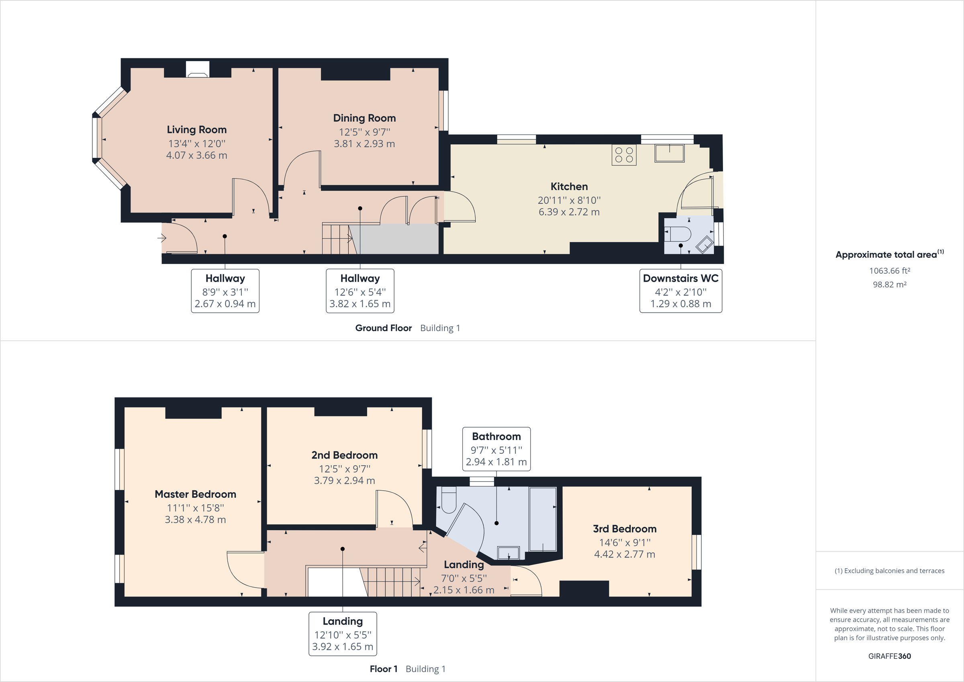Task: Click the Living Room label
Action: (196, 129)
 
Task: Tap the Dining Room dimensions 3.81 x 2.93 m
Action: (364, 144)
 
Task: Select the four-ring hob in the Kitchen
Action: (623, 155)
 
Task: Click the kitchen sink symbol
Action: (669, 153)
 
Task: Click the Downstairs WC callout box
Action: (680, 291)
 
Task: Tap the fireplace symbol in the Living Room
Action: (197, 70)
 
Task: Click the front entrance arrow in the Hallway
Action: (161, 238)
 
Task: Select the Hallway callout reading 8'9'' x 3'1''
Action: (225, 291)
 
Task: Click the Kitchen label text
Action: (569, 186)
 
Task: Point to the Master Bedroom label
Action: (195, 494)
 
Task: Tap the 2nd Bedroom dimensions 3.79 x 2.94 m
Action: (344, 480)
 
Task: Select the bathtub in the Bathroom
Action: (543, 519)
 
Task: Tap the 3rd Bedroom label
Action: (624, 528)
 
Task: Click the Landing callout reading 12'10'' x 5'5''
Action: (343, 634)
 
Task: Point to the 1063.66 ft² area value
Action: (889, 270)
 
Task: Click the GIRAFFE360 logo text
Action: (889, 656)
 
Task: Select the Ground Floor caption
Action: (383, 328)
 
